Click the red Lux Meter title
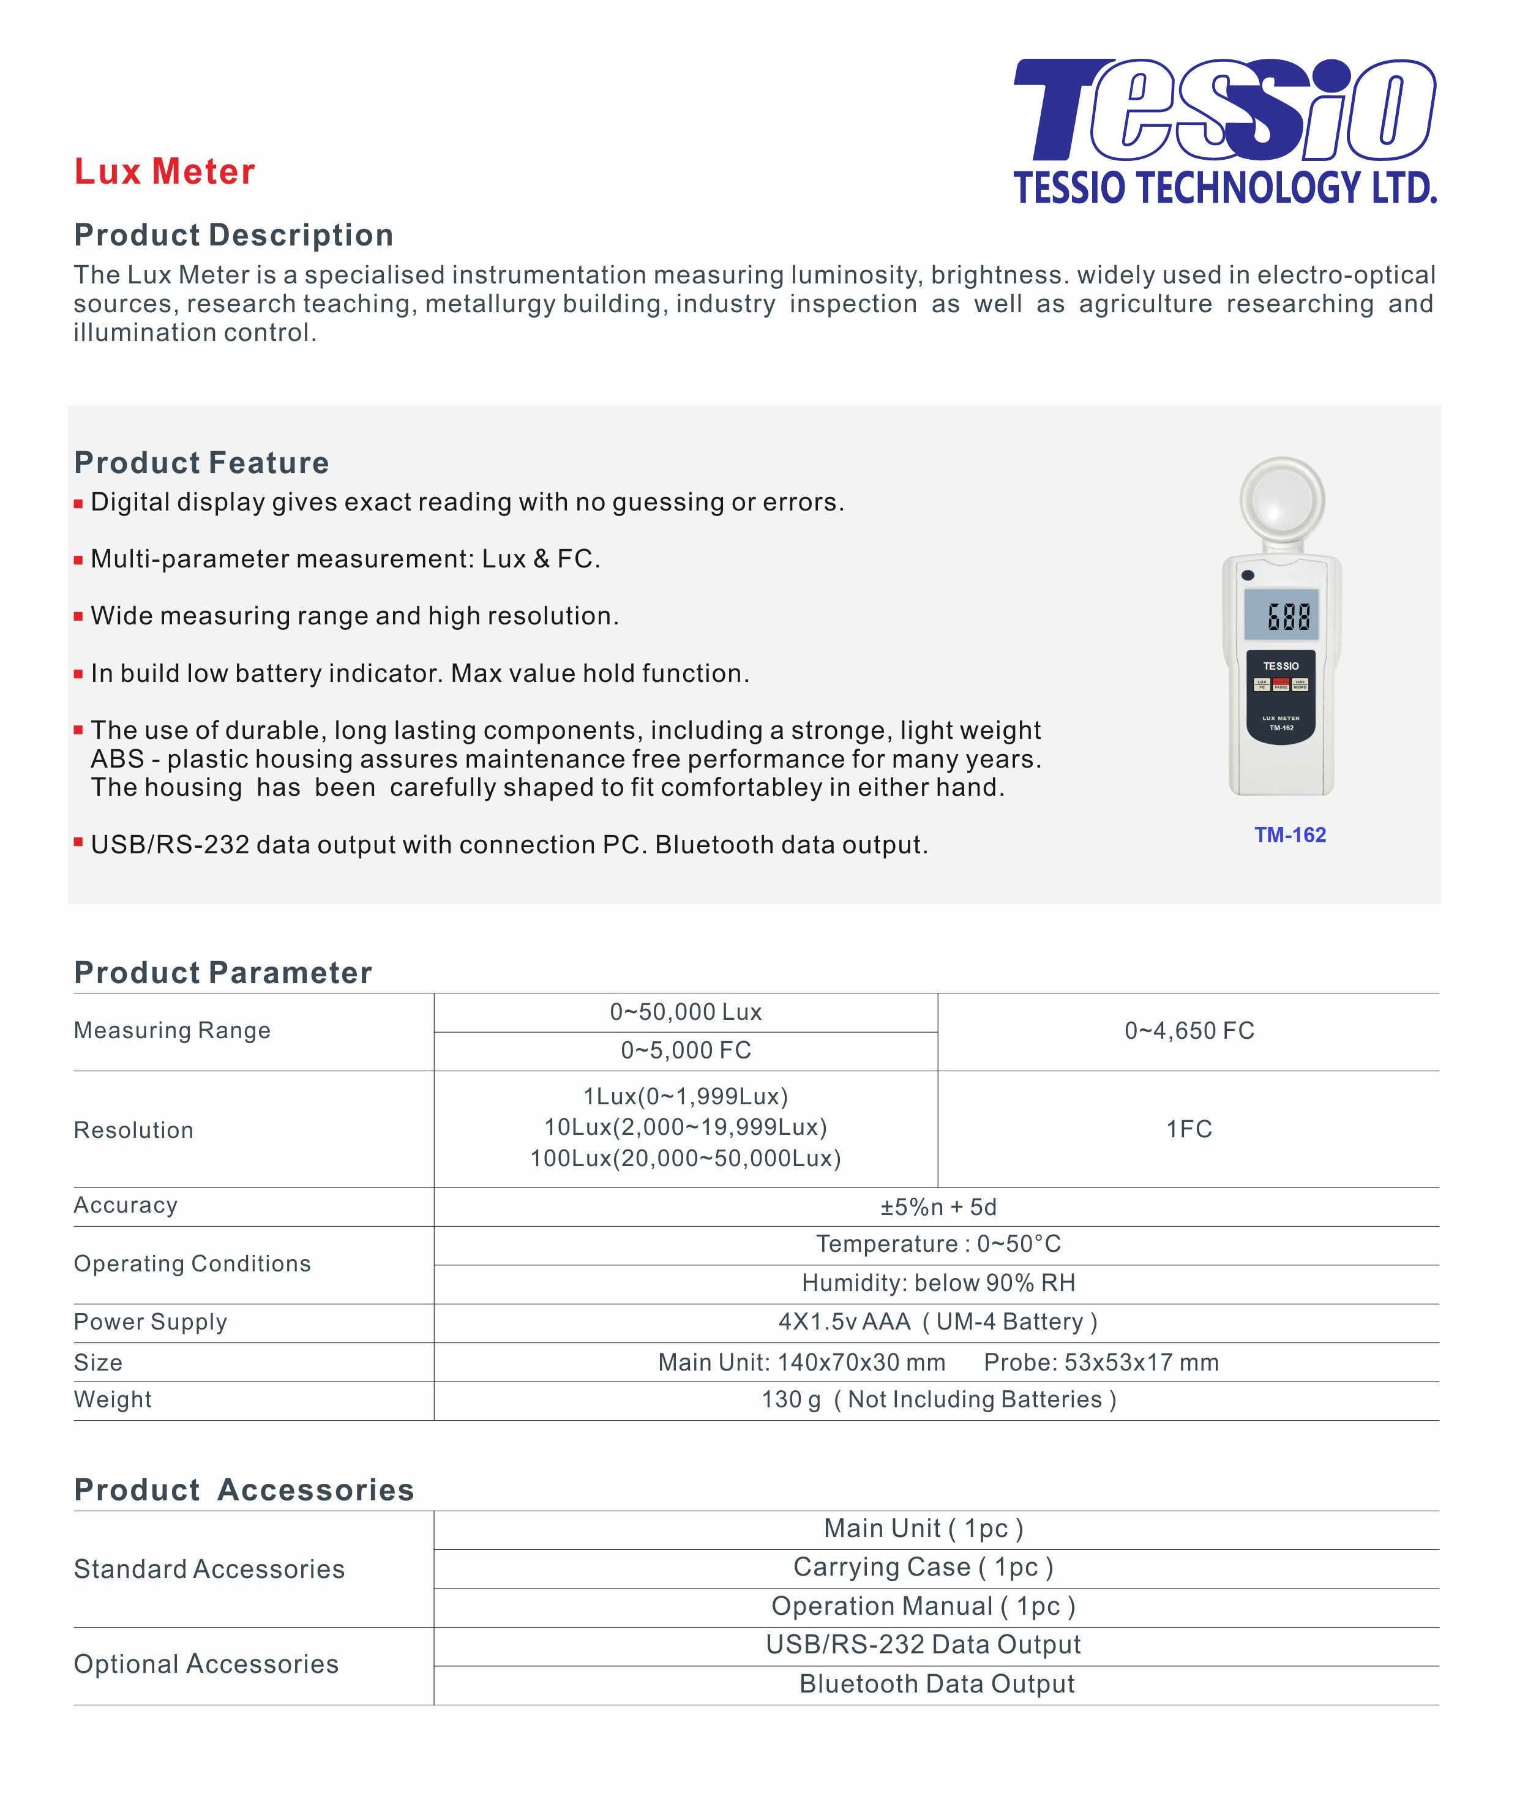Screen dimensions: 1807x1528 (x=165, y=171)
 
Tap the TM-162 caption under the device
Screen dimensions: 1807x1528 (x=1290, y=835)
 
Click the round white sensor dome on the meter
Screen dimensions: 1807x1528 (x=1282, y=501)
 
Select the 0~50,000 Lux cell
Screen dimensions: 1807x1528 (x=685, y=1012)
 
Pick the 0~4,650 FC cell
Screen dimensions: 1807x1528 (x=1188, y=1031)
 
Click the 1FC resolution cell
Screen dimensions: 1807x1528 (x=1188, y=1129)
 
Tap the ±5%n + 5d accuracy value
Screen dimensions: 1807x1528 (x=938, y=1207)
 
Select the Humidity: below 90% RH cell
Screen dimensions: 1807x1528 (x=938, y=1283)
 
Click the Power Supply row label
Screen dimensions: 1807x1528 (x=151, y=1322)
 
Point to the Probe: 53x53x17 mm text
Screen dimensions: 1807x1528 (x=1101, y=1363)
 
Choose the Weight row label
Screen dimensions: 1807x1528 (x=113, y=1400)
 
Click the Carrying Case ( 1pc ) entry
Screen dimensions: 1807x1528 (x=923, y=1567)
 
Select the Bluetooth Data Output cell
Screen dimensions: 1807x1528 (x=937, y=1684)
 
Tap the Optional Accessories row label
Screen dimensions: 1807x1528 (x=206, y=1664)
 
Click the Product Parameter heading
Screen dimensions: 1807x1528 (x=223, y=973)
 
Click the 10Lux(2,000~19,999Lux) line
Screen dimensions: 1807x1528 (x=685, y=1127)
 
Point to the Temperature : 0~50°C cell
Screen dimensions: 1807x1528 (x=938, y=1244)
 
